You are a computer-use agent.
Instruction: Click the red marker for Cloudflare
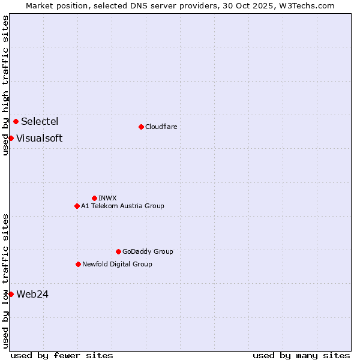click(x=141, y=127)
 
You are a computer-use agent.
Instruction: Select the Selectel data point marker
click(x=16, y=121)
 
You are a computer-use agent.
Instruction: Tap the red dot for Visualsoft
click(x=11, y=138)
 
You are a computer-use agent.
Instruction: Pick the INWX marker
click(x=94, y=198)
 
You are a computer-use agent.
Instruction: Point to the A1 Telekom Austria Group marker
click(x=77, y=206)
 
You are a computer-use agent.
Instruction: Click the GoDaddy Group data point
click(x=118, y=251)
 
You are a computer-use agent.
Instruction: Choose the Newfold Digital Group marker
click(x=78, y=264)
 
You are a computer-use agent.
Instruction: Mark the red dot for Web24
click(x=11, y=294)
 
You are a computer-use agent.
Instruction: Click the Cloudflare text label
click(x=161, y=127)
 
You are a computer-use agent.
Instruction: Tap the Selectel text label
click(x=40, y=121)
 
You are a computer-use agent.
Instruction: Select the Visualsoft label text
click(x=39, y=138)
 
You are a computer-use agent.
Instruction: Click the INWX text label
click(x=107, y=198)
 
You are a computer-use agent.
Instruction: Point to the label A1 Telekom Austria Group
click(x=122, y=206)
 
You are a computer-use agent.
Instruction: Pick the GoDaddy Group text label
click(x=148, y=251)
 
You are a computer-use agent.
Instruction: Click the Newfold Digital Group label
click(x=117, y=264)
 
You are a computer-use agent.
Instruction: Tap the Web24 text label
click(x=32, y=294)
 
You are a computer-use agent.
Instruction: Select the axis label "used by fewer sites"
click(x=62, y=355)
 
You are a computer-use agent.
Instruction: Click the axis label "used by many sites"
click(x=301, y=355)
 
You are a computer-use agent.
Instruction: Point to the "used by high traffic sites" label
click(x=5, y=85)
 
